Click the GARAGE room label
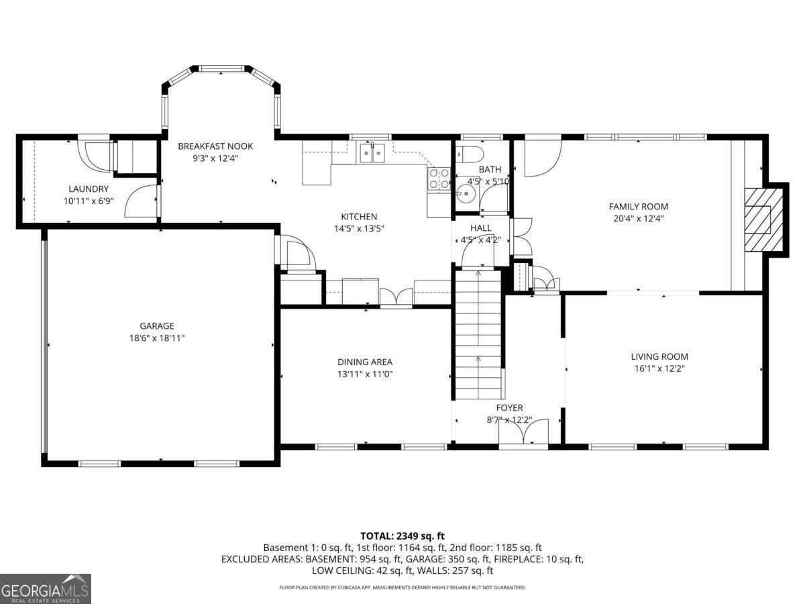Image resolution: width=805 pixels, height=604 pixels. (157, 325)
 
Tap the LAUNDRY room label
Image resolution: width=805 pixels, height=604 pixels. (89, 189)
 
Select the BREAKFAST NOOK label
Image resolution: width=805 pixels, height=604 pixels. (215, 146)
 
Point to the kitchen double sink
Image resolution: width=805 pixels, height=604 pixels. (372, 153)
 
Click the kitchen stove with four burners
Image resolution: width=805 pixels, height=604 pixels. (439, 179)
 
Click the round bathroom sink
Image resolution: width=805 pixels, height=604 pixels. (466, 193)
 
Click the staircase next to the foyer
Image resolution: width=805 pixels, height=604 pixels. (478, 335)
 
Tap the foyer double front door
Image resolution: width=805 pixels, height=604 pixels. (523, 433)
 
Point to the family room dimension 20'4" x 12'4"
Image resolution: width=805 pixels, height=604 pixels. (639, 219)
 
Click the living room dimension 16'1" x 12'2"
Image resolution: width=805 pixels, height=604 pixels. (660, 368)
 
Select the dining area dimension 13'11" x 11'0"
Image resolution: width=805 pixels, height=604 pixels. (365, 374)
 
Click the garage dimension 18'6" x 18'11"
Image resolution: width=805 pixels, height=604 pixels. (157, 338)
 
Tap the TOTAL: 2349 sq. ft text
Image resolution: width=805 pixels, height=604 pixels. (402, 536)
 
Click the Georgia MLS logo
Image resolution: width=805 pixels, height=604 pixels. (46, 589)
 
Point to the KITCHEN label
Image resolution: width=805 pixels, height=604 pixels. (359, 217)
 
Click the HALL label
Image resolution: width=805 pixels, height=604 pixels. (481, 228)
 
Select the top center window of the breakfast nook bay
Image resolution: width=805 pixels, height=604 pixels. (221, 68)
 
